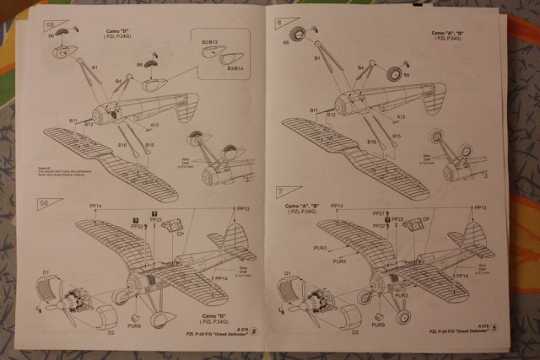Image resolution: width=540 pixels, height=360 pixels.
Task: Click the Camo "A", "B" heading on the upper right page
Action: coord(454,34)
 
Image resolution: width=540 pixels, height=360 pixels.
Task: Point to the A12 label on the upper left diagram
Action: coord(154,124)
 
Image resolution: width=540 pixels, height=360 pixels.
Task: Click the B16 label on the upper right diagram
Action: coord(371,142)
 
